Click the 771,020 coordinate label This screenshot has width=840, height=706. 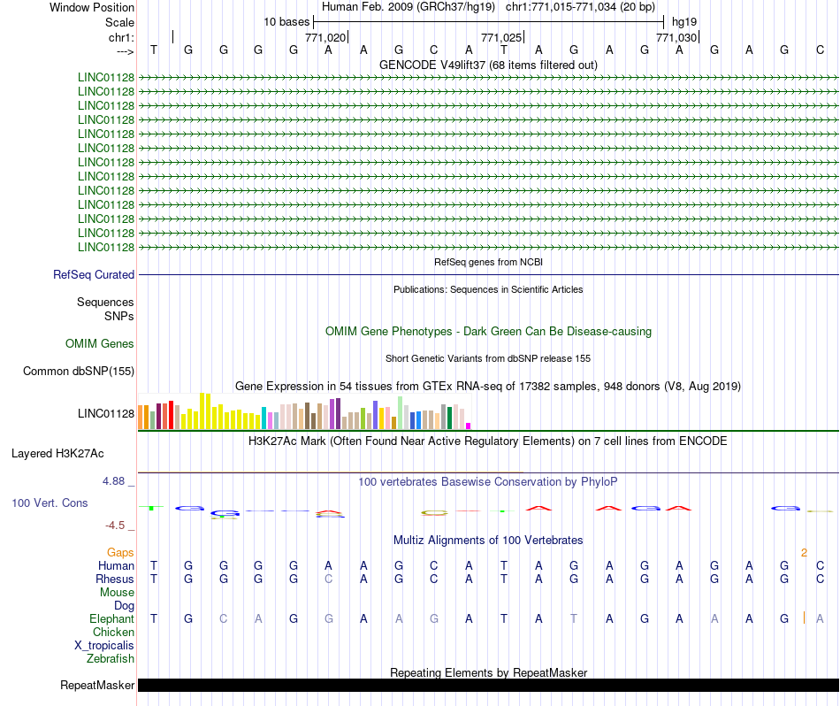click(325, 37)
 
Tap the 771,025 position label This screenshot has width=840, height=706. click(500, 37)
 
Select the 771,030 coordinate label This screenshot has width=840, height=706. click(676, 37)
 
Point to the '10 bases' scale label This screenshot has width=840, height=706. click(286, 22)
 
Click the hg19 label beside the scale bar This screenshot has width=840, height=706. click(684, 22)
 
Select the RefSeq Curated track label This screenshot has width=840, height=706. click(94, 274)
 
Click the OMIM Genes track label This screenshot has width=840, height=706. click(100, 343)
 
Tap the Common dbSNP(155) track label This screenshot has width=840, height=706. click(79, 371)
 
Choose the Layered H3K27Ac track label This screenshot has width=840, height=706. click(57, 454)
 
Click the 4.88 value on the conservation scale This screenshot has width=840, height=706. click(113, 481)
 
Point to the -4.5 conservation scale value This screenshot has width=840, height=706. click(115, 526)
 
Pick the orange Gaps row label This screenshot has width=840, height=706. click(120, 552)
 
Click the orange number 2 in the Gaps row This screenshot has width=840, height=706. click(804, 553)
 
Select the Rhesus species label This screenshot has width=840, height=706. click(115, 579)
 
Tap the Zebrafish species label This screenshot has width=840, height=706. click(111, 658)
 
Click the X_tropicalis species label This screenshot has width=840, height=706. click(104, 646)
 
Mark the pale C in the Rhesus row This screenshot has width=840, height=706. click(328, 579)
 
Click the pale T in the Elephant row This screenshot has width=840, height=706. click(574, 618)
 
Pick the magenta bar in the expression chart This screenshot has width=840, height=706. click(469, 426)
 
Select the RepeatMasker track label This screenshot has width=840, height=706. click(97, 685)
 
